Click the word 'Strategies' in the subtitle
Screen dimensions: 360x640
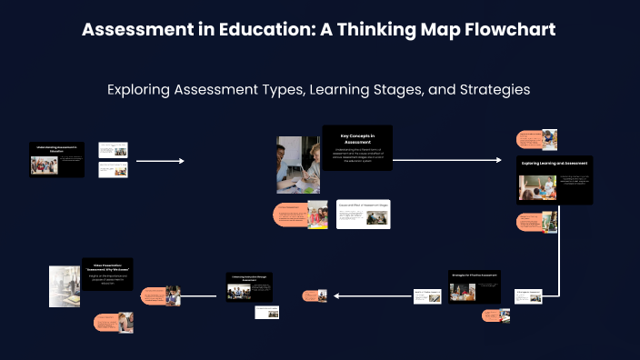(491, 90)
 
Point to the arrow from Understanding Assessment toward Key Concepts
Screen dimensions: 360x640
(160, 161)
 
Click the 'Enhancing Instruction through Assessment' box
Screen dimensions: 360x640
(250, 286)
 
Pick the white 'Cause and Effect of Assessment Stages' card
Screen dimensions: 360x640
(364, 214)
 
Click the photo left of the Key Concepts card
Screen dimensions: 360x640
(297, 165)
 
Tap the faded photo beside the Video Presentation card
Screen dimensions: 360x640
(65, 286)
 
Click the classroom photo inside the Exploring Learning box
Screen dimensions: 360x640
(537, 187)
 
